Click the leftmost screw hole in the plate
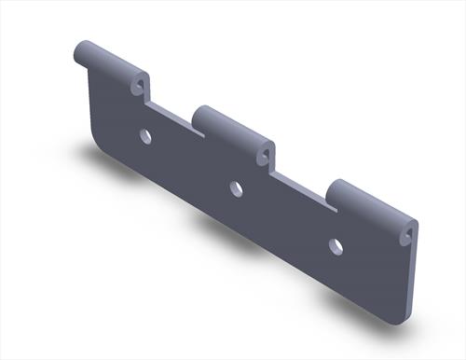pos(145,136)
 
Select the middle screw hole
pos(237,189)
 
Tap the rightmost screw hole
pos(336,247)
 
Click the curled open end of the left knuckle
pos(141,85)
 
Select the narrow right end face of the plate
pos(411,280)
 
